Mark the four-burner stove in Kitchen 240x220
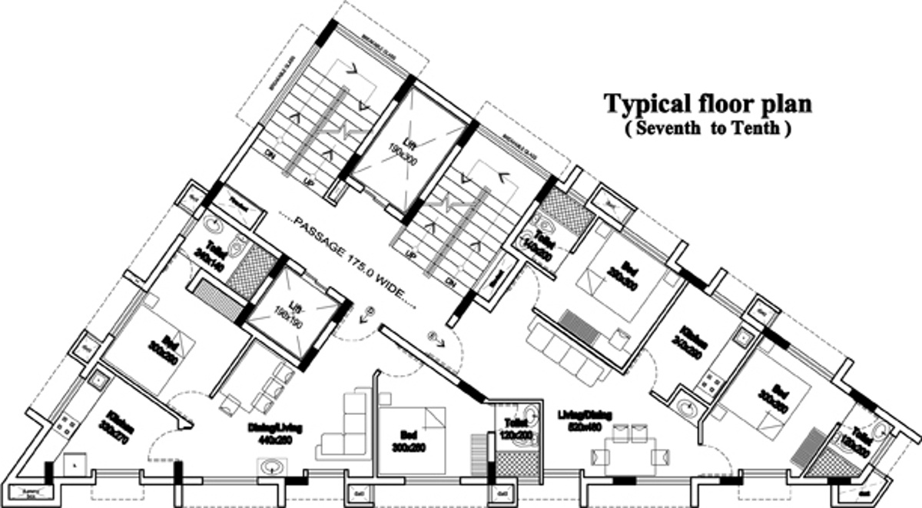click(x=711, y=380)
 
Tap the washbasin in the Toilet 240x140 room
click(x=214, y=227)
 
